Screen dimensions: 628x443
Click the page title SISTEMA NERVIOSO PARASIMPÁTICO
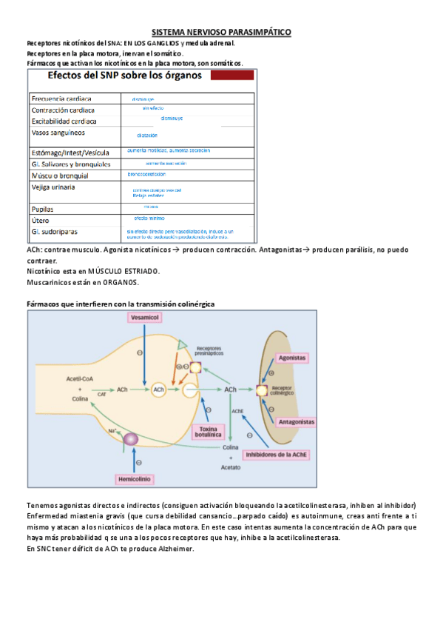221,33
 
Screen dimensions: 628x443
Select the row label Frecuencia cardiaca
61,98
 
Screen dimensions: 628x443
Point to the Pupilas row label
45,209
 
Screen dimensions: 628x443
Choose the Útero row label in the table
41,221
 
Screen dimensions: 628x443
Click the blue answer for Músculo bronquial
146,175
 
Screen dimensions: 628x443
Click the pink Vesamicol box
145,317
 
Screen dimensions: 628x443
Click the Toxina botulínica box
209,432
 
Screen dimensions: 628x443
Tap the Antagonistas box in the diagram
297,421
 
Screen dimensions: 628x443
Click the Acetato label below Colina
231,468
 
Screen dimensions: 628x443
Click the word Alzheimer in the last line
174,548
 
